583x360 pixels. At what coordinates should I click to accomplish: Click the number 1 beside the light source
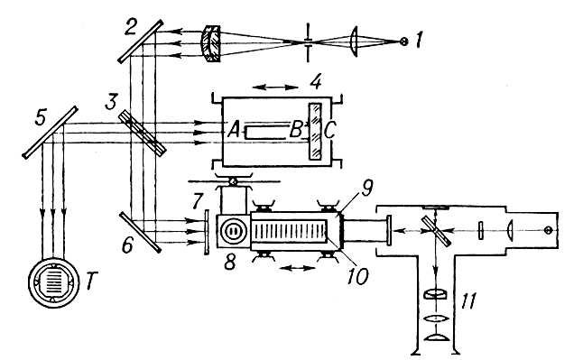[x=419, y=41]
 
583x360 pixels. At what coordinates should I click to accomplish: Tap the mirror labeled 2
[x=141, y=42]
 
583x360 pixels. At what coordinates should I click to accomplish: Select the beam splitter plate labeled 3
[x=143, y=134]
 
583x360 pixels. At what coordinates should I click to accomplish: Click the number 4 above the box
[x=316, y=82]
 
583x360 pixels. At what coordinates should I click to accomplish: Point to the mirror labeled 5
[x=51, y=133]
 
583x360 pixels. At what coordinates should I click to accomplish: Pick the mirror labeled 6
[x=141, y=232]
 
